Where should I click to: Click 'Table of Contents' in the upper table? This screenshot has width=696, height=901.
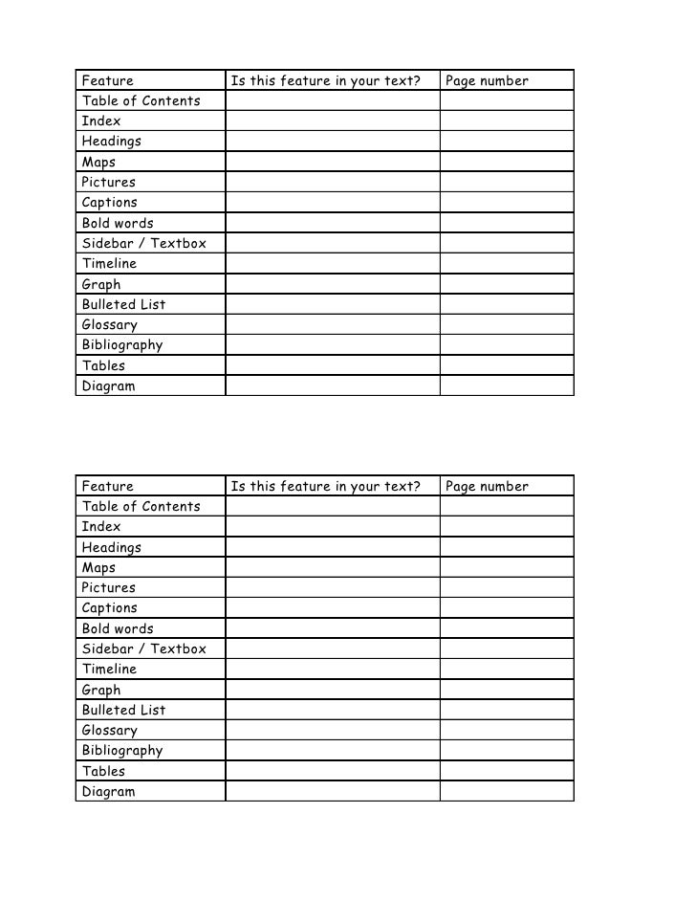click(x=141, y=100)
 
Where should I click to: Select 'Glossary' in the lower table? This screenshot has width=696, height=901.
click(x=109, y=731)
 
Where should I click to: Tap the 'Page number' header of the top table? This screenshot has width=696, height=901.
click(x=487, y=80)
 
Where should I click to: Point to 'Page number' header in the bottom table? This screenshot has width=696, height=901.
click(x=487, y=486)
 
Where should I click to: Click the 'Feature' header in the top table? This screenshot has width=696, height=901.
click(x=107, y=80)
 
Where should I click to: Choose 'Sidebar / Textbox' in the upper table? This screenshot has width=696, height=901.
click(x=143, y=243)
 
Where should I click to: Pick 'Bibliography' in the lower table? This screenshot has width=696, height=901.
click(x=121, y=751)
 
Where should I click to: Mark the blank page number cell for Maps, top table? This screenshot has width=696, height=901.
click(x=507, y=162)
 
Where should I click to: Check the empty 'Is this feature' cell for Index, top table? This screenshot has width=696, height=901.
click(x=332, y=121)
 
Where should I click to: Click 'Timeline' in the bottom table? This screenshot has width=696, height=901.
click(x=109, y=670)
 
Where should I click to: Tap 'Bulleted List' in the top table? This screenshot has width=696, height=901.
click(x=123, y=304)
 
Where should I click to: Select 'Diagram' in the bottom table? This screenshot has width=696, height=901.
click(x=108, y=792)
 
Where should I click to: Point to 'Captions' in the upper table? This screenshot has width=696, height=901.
click(x=109, y=203)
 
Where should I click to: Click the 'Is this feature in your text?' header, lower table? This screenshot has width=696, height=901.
click(x=326, y=486)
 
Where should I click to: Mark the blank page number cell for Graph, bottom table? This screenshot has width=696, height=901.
click(x=507, y=690)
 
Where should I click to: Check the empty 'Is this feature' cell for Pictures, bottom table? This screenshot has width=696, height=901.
click(x=332, y=588)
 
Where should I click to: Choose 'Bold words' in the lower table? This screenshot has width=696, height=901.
click(x=118, y=628)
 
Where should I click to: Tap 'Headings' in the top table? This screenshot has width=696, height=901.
click(x=111, y=142)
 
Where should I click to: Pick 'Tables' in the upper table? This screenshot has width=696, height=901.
click(x=103, y=365)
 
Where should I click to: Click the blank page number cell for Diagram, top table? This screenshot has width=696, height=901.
click(x=507, y=385)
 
